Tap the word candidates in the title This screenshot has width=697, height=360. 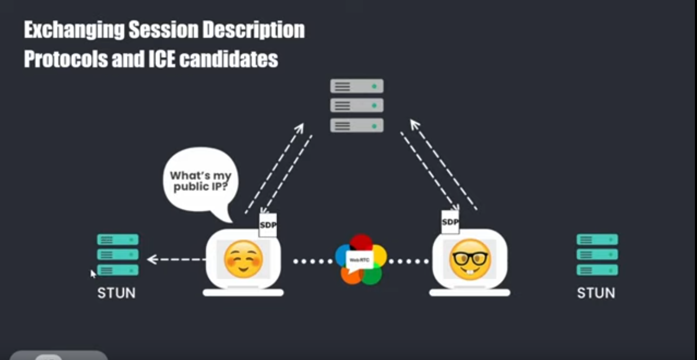[228, 59]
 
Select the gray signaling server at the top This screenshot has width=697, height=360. [357, 105]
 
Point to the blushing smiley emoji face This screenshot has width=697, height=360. [243, 259]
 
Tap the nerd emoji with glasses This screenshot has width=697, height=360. [470, 259]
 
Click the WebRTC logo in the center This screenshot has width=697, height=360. [361, 259]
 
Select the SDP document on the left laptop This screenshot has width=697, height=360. [268, 225]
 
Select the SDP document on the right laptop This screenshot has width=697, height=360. [450, 222]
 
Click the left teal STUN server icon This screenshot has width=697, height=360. [117, 254]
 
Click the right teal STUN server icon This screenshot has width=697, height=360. [597, 254]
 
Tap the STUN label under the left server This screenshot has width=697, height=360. [116, 292]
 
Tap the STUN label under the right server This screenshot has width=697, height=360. [596, 292]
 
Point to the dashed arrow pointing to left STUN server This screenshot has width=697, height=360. [177, 259]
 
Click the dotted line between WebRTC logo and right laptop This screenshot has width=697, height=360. [408, 261]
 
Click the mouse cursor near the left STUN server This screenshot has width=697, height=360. [93, 273]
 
